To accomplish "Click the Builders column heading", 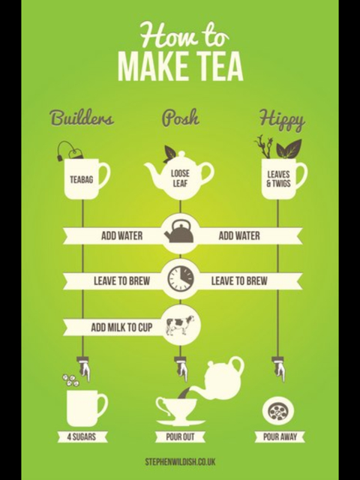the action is pos(82,118).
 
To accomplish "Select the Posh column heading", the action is pos(180,118).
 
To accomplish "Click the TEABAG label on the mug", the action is pos(82,179).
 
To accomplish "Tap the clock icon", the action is pos(180,278).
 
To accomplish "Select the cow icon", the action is pos(180,325).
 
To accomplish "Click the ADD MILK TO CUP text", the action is pos(121,328).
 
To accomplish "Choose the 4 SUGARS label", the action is pos(82,436).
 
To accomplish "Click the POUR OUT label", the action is pos(180,436).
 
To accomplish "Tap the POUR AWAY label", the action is pos(280,436).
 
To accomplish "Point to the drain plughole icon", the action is pos(278,412).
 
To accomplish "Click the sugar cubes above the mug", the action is pos(71,379).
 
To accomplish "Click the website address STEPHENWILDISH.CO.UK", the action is pos(180,462).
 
